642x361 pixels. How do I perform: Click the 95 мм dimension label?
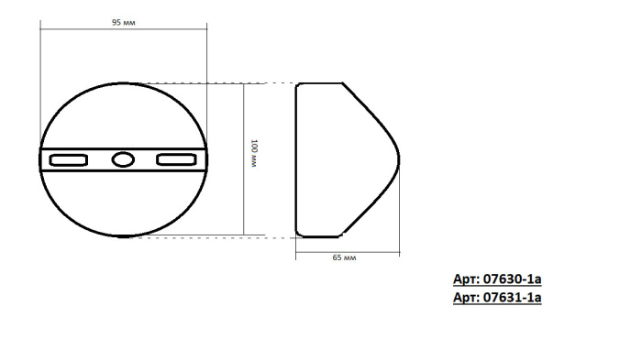[123, 22]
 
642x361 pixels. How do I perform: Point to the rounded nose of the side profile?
[401, 159]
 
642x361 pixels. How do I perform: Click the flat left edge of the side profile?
[296, 159]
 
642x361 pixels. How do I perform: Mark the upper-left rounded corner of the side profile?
[300, 86]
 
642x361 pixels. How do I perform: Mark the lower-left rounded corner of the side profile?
[300, 233]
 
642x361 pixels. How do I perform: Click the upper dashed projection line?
[229, 83]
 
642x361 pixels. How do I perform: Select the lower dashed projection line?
[229, 236]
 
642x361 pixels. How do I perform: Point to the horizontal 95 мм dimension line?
[123, 30]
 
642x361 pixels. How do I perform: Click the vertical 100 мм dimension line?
[244, 159]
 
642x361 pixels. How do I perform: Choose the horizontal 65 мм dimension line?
[349, 250]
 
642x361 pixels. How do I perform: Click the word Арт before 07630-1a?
[466, 280]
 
